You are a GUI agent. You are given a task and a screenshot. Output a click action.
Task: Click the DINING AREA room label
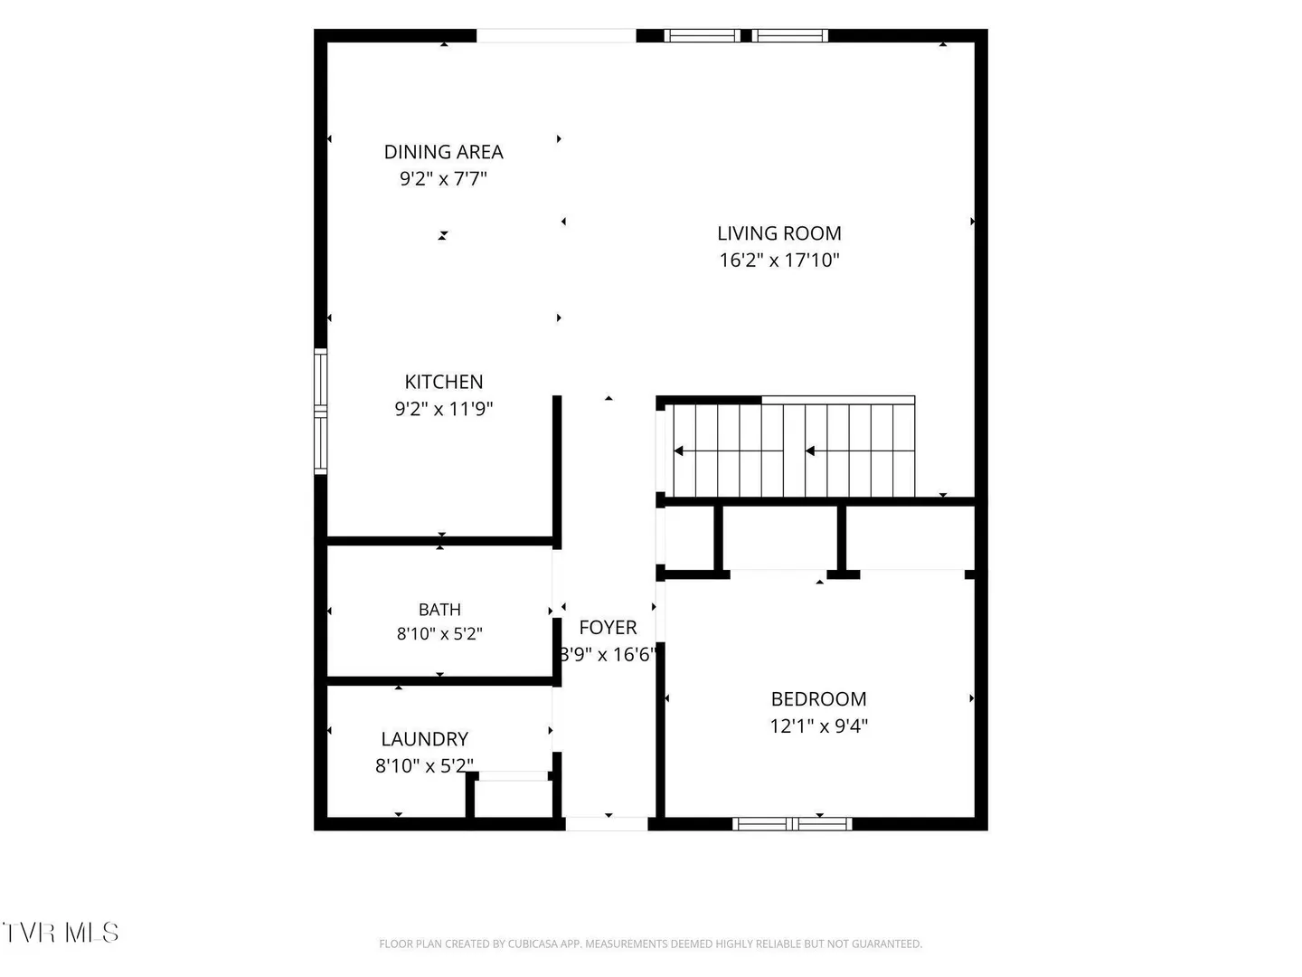(443, 152)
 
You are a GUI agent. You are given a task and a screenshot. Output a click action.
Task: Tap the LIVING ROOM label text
(778, 233)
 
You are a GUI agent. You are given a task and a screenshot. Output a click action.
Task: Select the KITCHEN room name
(444, 382)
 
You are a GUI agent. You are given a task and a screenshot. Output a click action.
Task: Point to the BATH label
(439, 609)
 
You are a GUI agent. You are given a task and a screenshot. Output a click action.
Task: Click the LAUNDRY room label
(425, 738)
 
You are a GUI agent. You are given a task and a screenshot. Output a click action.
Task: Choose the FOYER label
(608, 627)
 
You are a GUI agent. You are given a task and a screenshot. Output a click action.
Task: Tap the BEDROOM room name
(818, 698)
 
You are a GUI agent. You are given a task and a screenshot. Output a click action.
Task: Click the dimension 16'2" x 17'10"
(779, 260)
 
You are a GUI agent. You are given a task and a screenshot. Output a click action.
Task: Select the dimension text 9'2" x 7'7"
(443, 178)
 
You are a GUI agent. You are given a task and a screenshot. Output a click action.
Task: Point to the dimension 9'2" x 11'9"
(444, 409)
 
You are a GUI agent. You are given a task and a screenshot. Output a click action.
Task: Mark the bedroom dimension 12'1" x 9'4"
(818, 726)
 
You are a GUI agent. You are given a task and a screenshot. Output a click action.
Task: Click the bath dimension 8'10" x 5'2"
(439, 633)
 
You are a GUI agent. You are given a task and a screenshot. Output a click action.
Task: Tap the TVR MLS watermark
(61, 933)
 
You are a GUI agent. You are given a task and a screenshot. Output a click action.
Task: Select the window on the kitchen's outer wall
(320, 412)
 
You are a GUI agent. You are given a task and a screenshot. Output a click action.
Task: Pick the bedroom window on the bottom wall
(792, 823)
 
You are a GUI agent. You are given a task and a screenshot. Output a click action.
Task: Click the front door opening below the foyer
(606, 823)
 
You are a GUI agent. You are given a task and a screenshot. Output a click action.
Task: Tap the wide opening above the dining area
(556, 35)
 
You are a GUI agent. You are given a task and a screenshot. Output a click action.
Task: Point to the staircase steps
(794, 451)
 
